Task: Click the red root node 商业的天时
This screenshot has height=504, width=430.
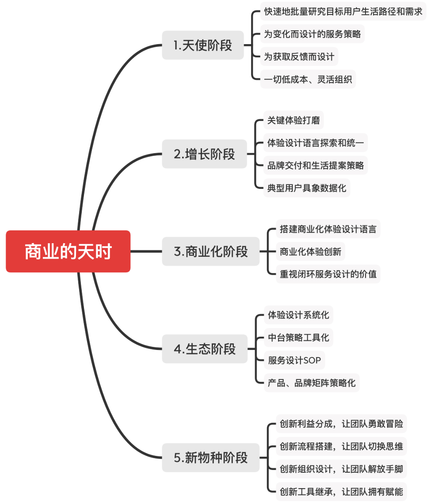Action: [x=68, y=251]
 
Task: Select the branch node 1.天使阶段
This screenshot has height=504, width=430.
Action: [x=203, y=45]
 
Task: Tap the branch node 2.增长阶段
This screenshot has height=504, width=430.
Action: [x=204, y=154]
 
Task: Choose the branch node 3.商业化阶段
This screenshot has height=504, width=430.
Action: [x=211, y=252]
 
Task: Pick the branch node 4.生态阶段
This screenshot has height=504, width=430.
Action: [x=205, y=349]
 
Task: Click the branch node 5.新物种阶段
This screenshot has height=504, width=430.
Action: [x=211, y=458]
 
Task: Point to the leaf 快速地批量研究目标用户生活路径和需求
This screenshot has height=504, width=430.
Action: [x=343, y=11]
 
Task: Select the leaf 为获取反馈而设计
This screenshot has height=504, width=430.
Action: [x=299, y=57]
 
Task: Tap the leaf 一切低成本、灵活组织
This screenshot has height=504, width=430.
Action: [x=308, y=79]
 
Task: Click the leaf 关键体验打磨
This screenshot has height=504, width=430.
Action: [x=293, y=120]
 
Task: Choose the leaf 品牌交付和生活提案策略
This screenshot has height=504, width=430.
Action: [x=316, y=165]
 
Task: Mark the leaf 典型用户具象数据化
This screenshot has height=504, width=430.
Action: [x=307, y=188]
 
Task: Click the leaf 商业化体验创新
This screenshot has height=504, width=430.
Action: [x=310, y=252]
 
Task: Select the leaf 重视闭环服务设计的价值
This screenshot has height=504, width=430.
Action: [x=328, y=274]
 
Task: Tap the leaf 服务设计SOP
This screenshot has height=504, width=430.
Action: [x=294, y=360]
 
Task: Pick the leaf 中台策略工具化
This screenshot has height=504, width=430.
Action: [x=298, y=338]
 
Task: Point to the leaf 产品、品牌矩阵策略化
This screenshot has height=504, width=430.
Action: [x=312, y=383]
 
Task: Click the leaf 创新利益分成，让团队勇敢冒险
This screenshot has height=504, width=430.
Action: [x=341, y=424]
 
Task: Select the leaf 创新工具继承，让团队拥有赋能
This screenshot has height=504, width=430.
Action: [x=341, y=491]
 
